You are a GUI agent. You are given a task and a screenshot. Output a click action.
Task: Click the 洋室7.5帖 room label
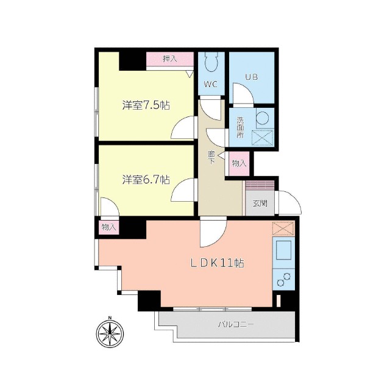click(x=146, y=105)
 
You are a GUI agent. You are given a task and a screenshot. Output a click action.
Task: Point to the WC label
click(x=211, y=83)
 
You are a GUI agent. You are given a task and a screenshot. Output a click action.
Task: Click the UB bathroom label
click(x=251, y=77)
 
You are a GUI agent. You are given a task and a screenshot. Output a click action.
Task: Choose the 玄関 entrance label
click(x=260, y=204)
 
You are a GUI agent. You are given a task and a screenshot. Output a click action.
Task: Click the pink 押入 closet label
click(x=169, y=59)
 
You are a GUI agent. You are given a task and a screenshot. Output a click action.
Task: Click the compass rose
click(x=110, y=334)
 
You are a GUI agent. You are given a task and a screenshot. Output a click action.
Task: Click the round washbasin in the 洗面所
click(x=263, y=118)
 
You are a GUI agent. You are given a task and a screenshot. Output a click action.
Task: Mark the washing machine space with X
click(x=263, y=137)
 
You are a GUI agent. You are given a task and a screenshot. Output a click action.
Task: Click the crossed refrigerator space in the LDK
click(x=283, y=229)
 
